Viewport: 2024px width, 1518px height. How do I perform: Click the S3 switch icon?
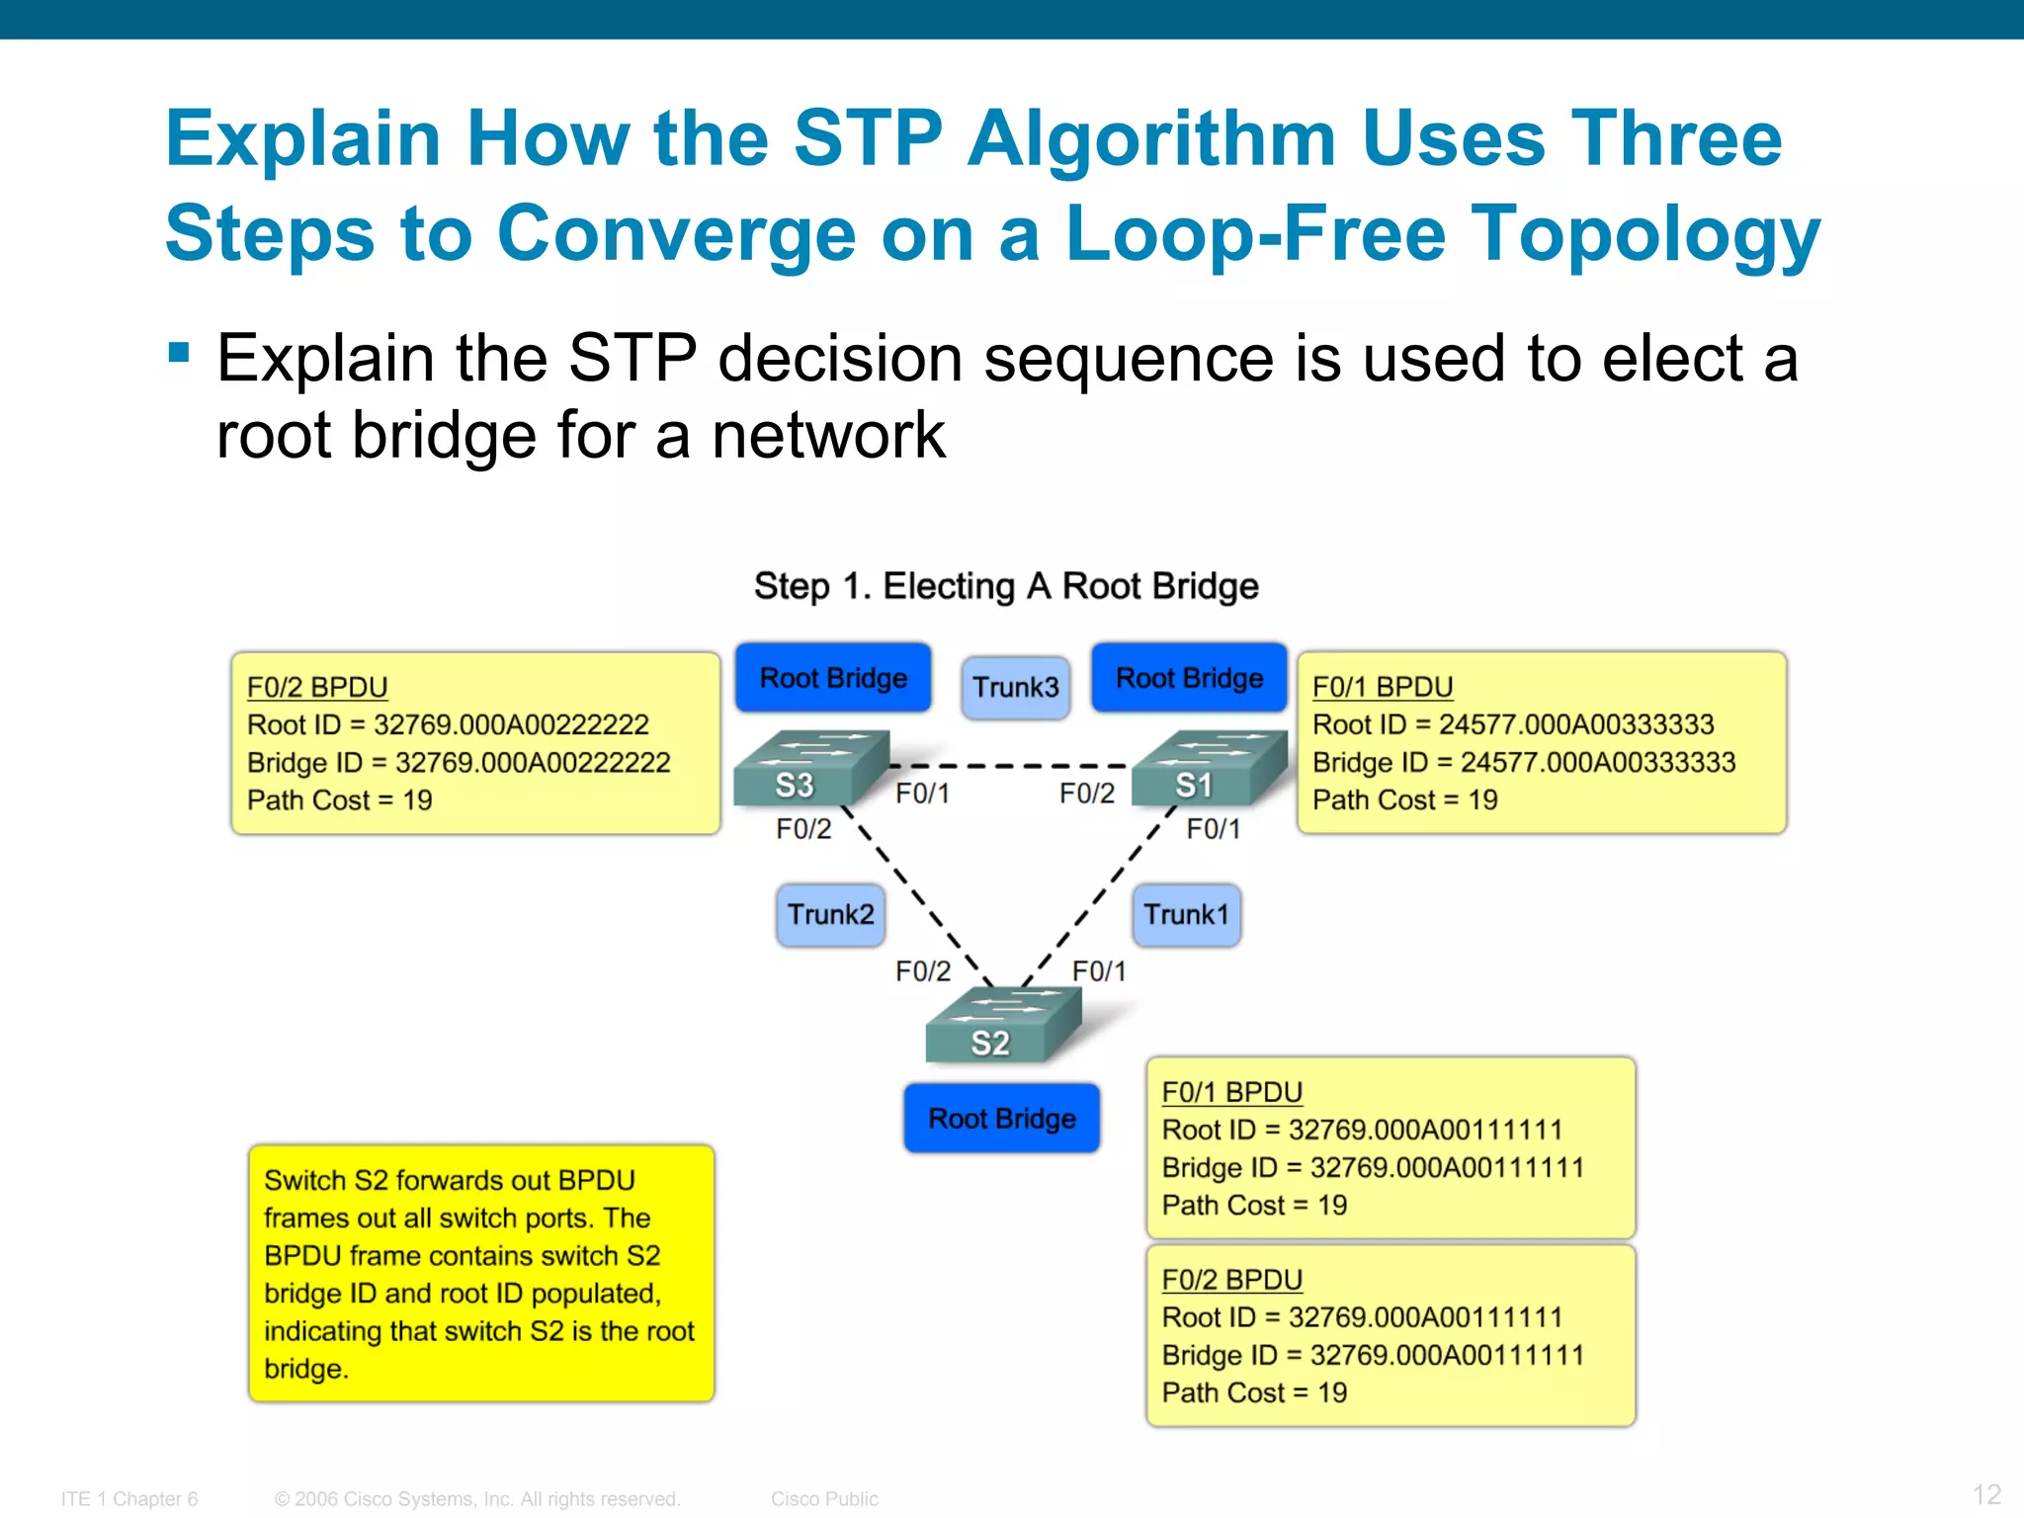click(x=810, y=768)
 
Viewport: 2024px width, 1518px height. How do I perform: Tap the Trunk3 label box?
click(x=1015, y=687)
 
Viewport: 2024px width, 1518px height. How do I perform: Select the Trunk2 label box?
click(x=830, y=914)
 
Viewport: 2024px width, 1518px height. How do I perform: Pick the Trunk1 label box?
click(x=1186, y=914)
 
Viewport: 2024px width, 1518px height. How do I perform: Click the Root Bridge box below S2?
click(x=1001, y=1118)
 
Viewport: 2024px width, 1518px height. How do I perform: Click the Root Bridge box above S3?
click(x=833, y=678)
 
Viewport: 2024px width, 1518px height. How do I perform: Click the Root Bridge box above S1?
click(x=1189, y=678)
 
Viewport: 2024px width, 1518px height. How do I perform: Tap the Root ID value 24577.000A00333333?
click(x=1575, y=724)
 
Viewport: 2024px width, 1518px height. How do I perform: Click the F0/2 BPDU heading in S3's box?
click(x=317, y=687)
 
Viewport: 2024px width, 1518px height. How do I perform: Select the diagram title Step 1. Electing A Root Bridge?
click(x=1006, y=586)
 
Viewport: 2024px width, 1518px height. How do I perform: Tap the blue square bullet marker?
click(x=179, y=353)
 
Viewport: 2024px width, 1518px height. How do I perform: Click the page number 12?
click(x=1985, y=1493)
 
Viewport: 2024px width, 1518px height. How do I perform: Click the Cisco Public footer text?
click(x=824, y=1498)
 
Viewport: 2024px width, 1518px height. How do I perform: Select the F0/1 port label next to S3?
click(x=922, y=794)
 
